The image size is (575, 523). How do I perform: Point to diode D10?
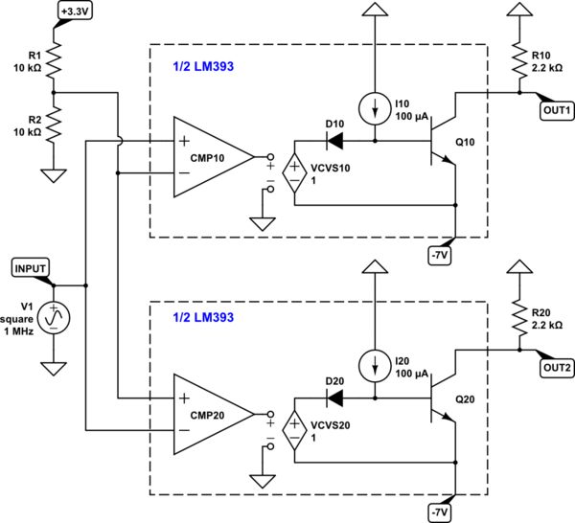(x=334, y=143)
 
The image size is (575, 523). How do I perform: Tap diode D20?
(x=334, y=398)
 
